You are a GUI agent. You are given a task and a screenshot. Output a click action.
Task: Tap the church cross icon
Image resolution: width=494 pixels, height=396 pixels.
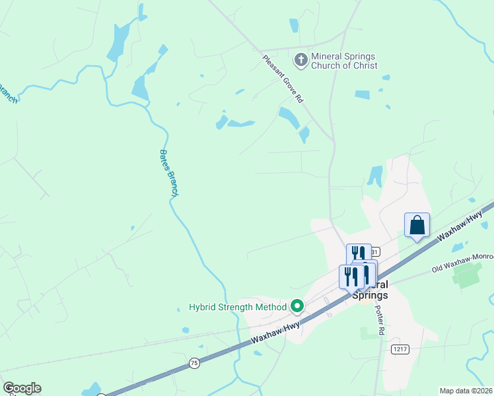point(300,60)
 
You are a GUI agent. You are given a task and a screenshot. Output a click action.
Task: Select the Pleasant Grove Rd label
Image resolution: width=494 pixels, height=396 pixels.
point(282,79)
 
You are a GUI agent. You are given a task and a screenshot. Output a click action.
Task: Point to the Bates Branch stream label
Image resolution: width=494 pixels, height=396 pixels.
point(168,173)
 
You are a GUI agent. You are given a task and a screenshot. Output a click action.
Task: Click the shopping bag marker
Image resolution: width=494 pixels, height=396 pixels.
point(417,226)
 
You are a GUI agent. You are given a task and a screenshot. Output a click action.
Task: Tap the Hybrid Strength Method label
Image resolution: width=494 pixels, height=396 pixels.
point(238,306)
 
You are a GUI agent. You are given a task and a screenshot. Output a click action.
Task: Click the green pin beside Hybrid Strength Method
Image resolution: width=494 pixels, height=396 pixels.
point(297,306)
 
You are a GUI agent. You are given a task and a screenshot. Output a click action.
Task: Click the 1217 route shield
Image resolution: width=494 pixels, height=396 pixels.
point(398,349)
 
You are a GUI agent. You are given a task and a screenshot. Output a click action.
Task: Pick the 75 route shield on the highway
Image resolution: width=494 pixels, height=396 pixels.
point(194,362)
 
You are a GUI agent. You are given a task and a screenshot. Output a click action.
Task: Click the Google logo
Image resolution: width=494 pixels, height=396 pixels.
point(22,388)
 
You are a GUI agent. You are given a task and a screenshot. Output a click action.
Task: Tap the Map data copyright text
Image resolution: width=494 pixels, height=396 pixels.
point(466,391)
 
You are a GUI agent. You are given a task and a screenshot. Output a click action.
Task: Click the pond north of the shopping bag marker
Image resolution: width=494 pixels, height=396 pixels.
point(375,176)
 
